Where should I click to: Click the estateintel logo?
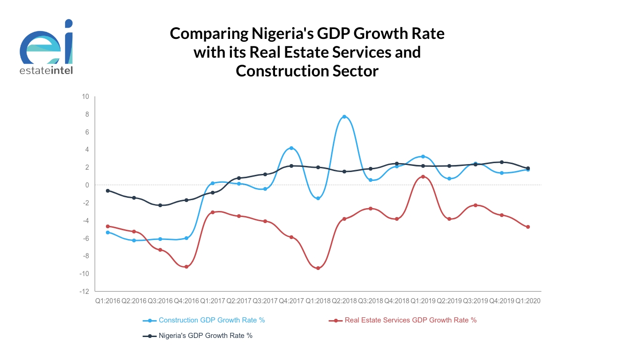coord(46,47)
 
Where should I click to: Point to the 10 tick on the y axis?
coord(85,97)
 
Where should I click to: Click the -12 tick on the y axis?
coord(84,291)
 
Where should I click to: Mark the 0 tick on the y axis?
coord(87,185)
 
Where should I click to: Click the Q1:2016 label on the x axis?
coord(108,301)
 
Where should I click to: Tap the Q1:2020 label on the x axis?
coord(528,301)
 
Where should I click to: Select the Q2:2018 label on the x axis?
coord(344,301)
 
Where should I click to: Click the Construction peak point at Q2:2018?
coord(344,117)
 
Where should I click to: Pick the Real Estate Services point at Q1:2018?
coord(318,268)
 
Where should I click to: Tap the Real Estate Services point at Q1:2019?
coord(423,177)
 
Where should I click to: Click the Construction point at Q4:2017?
coord(291,148)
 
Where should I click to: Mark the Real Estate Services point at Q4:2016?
coord(186,267)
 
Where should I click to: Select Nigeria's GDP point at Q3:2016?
coord(160,205)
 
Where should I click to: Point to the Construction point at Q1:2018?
coord(318,198)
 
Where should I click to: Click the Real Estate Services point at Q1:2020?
coord(528,227)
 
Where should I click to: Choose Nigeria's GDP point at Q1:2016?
coord(108,191)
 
